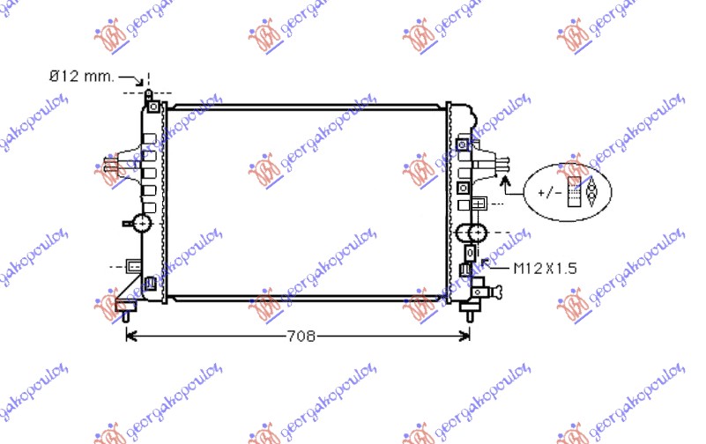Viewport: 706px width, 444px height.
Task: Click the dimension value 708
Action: coord(299,336)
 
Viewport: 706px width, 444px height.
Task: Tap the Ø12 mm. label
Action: coord(81,77)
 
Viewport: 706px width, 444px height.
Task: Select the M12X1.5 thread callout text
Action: coord(545,268)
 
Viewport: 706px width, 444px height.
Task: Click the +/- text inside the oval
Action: coord(547,191)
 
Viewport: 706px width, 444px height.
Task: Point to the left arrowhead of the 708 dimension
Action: coord(130,336)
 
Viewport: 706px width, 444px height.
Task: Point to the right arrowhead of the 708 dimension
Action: coord(467,336)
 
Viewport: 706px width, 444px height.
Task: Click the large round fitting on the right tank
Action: coord(473,233)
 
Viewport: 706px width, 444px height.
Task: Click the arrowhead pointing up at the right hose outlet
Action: coord(505,180)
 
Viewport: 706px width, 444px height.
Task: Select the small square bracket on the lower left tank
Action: coord(134,265)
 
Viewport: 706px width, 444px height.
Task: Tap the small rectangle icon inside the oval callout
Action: coord(575,191)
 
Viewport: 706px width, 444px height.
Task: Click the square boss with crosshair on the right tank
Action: coord(479,203)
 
